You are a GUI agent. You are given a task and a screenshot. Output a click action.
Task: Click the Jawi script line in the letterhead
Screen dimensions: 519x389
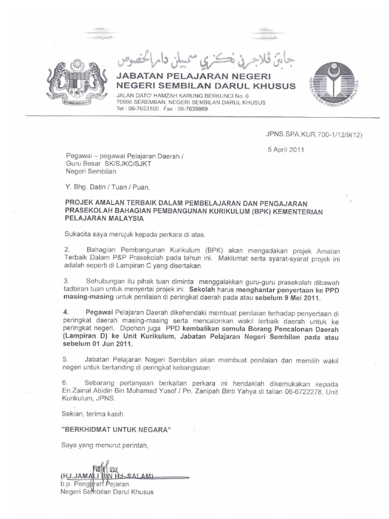tap(205, 59)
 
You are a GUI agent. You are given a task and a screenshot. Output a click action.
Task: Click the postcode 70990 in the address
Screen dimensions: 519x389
tap(126, 102)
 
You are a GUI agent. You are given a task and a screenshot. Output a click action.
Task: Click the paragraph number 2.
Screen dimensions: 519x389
tap(66, 250)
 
